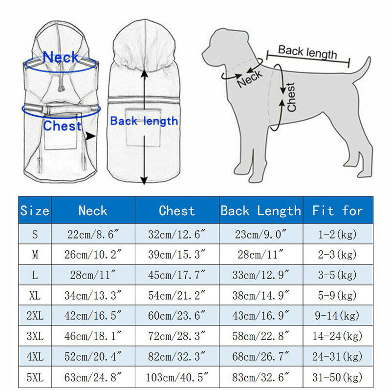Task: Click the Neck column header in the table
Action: (93, 211)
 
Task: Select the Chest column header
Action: (176, 211)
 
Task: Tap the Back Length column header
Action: (261, 211)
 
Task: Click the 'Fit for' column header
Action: (338, 211)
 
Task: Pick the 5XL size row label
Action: (35, 377)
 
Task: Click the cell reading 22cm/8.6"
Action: (93, 234)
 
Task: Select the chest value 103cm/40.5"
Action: (176, 377)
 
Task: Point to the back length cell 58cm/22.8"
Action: (261, 336)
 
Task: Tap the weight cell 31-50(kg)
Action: (338, 377)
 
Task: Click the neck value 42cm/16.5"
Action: (93, 316)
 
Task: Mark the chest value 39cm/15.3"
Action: (176, 255)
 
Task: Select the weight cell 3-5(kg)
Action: (338, 275)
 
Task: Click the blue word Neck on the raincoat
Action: (61, 57)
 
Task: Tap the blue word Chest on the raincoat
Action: (62, 126)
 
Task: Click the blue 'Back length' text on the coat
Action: (144, 121)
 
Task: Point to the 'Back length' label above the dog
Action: (307, 51)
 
